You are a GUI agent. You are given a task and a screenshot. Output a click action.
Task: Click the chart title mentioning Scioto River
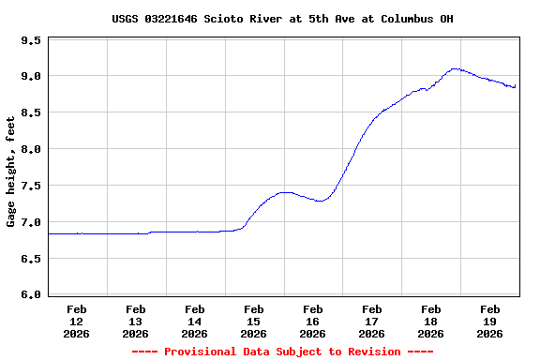(x=282, y=19)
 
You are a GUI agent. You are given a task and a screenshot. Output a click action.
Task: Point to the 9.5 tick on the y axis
(x=30, y=41)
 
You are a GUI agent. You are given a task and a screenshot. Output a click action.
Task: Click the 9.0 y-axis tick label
(x=30, y=77)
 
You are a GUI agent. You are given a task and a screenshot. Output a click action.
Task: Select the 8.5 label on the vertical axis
(x=30, y=113)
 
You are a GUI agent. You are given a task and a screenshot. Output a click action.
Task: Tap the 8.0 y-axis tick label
(x=30, y=150)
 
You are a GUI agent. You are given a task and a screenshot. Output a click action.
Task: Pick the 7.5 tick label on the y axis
(x=30, y=187)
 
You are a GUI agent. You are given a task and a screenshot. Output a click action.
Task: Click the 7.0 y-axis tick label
(x=30, y=223)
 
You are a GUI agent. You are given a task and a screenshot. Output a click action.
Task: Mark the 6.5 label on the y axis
(x=30, y=260)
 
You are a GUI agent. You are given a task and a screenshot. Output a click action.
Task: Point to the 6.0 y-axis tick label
(x=30, y=295)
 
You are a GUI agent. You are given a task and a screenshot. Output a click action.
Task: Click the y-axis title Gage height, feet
(x=11, y=172)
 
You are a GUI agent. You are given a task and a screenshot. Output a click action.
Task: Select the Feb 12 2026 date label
(x=77, y=321)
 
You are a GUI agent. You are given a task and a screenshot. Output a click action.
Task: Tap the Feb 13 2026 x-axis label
(x=136, y=321)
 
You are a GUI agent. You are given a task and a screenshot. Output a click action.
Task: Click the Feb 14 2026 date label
(x=195, y=321)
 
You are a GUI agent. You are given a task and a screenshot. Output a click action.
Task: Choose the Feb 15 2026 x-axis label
(x=254, y=321)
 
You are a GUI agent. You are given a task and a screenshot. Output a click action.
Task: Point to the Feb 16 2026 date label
(x=313, y=321)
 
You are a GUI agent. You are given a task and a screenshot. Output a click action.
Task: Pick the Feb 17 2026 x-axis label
(x=372, y=321)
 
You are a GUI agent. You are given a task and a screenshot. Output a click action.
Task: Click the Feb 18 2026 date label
(x=431, y=321)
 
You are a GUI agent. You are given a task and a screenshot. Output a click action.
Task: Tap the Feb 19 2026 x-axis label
(x=489, y=321)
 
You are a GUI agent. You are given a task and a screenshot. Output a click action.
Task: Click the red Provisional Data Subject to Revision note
(x=282, y=352)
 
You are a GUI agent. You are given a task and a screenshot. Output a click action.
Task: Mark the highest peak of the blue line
(x=455, y=68)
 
